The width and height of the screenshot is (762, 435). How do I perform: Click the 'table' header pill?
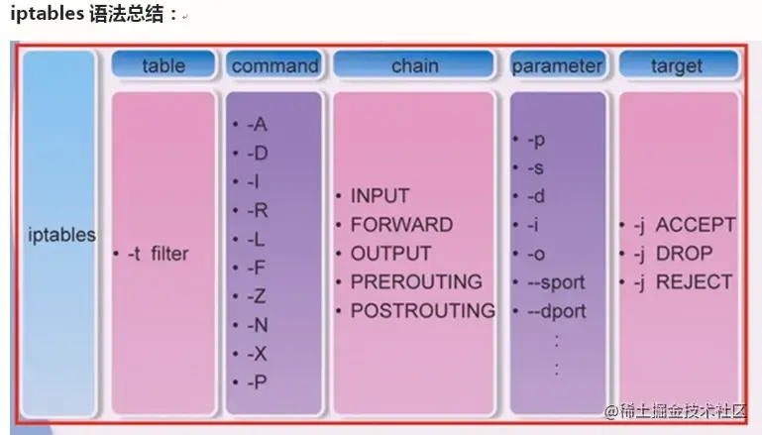click(163, 65)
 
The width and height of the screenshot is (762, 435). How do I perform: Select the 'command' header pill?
click(274, 65)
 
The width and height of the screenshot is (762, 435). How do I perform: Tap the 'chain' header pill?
click(414, 65)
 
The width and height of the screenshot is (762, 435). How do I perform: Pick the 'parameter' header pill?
click(557, 65)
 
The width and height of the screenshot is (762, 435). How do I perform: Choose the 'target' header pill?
click(677, 65)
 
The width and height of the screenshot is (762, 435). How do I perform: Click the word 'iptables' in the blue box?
click(62, 236)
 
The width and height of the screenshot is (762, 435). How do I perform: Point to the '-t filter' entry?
click(157, 254)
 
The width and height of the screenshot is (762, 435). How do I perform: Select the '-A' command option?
click(257, 124)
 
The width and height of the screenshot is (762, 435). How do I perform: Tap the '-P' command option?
click(257, 381)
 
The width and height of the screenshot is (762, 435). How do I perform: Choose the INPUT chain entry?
click(379, 196)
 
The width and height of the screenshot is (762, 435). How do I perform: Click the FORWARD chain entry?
click(400, 225)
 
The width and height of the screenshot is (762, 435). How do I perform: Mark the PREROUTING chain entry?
click(415, 281)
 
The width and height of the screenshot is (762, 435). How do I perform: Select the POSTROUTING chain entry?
click(422, 310)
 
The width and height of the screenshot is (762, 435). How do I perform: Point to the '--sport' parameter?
click(556, 282)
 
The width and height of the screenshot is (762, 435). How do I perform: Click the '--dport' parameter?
click(556, 310)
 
